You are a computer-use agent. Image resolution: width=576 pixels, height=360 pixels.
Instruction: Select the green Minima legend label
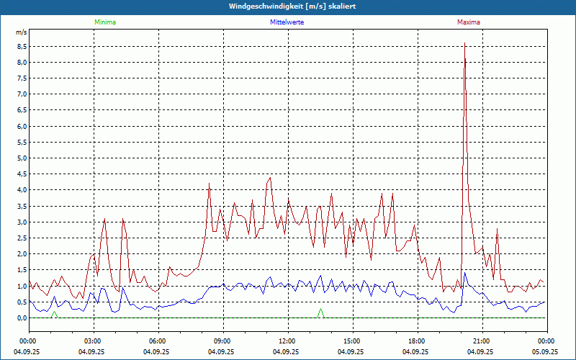pyautogui.click(x=104, y=22)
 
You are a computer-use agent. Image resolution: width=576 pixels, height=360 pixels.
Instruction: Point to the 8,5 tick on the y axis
pyautogui.click(x=22, y=46)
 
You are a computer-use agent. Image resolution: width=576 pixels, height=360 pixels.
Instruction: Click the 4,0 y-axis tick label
pyautogui.click(x=22, y=190)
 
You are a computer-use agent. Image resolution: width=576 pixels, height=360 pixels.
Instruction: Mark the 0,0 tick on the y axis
pyautogui.click(x=22, y=318)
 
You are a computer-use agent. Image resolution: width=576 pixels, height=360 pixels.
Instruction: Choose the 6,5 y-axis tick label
pyautogui.click(x=22, y=110)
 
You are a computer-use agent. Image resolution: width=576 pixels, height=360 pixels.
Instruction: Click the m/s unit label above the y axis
pyautogui.click(x=22, y=32)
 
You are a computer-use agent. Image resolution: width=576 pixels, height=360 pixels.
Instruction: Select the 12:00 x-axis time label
pyautogui.click(x=287, y=341)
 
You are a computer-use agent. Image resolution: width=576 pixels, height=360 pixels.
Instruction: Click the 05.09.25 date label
pyautogui.click(x=546, y=351)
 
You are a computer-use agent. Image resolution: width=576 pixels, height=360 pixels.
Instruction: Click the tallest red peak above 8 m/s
pyautogui.click(x=464, y=45)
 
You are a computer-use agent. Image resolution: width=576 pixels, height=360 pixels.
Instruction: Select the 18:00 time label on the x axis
pyautogui.click(x=417, y=341)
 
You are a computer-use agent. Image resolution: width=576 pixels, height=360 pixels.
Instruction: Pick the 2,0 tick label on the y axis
pyautogui.click(x=22, y=254)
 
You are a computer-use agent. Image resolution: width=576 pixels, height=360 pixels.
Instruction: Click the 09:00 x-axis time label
pyautogui.click(x=222, y=341)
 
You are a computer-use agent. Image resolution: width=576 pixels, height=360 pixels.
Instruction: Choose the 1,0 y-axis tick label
pyautogui.click(x=22, y=286)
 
